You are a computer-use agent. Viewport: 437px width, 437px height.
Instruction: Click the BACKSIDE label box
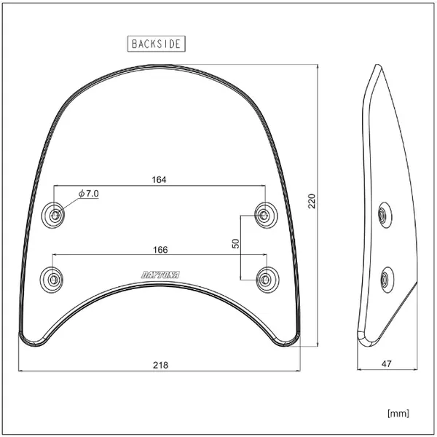pyautogui.click(x=156, y=44)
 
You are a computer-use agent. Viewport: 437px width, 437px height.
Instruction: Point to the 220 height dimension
pyautogui.click(x=312, y=201)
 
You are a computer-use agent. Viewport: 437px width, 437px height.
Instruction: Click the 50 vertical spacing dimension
pyautogui.click(x=235, y=244)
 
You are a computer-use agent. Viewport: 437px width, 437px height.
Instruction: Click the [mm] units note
pyautogui.click(x=398, y=413)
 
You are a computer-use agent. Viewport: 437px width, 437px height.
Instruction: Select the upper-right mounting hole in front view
pyautogui.click(x=265, y=213)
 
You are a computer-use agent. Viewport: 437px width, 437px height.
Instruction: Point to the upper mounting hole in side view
pyautogui.click(x=382, y=215)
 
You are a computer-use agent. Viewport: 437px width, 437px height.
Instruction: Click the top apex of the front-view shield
pyautogui.click(x=159, y=65)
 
